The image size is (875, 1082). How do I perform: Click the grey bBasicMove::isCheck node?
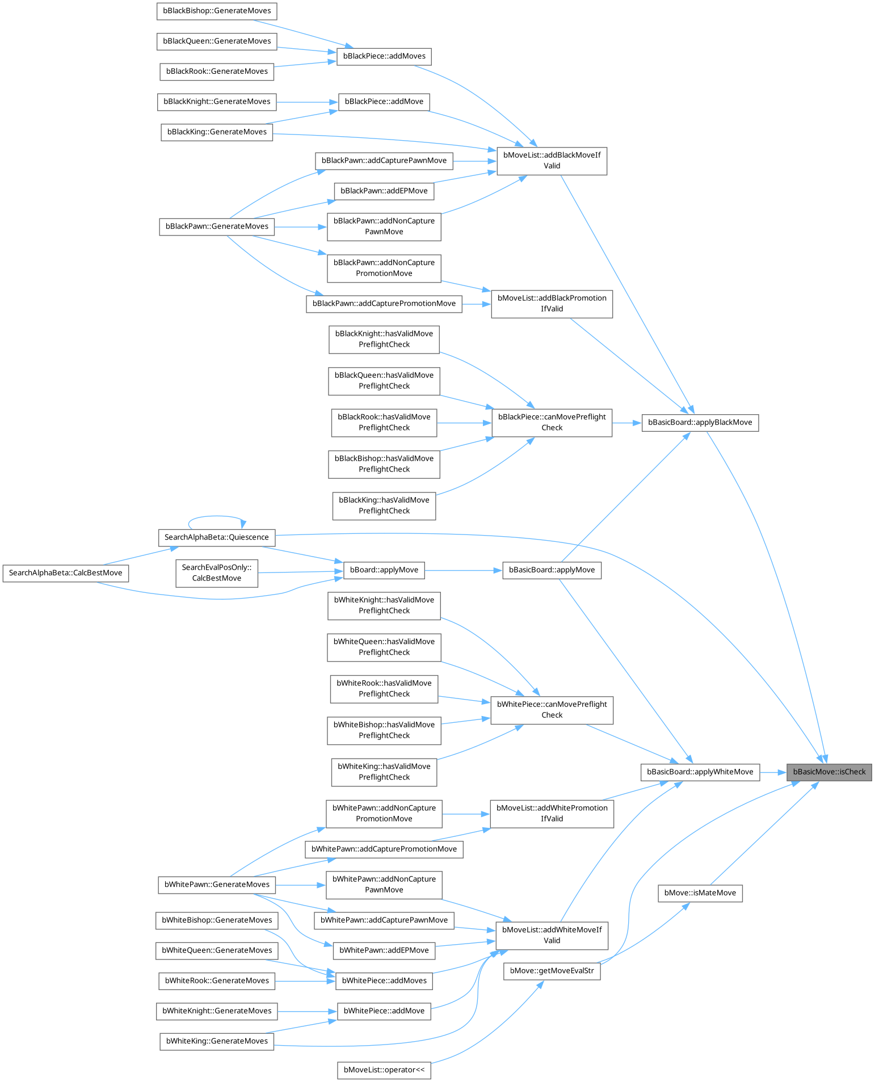(828, 772)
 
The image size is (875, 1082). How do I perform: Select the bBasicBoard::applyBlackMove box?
(700, 423)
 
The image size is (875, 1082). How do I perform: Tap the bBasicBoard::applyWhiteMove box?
(700, 772)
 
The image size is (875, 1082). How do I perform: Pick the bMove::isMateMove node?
(700, 893)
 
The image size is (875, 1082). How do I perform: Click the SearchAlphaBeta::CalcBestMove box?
(66, 573)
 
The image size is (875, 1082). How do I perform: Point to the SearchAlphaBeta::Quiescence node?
(216, 537)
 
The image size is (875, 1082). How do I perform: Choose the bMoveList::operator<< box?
(384, 1070)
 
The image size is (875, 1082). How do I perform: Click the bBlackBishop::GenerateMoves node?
(217, 11)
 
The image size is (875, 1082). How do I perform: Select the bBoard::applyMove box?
(384, 570)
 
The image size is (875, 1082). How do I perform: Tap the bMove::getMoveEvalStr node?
(552, 971)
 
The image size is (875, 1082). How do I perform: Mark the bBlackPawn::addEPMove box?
(384, 191)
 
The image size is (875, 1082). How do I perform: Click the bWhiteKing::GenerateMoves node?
(217, 1041)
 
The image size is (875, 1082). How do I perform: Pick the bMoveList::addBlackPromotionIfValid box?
(552, 304)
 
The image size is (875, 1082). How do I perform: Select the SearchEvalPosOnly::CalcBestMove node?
(216, 573)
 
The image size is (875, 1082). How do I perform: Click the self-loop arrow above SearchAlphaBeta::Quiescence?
(216, 517)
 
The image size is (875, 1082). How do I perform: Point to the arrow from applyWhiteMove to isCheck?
(773, 772)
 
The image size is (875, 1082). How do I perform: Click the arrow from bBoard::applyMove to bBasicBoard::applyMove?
(463, 570)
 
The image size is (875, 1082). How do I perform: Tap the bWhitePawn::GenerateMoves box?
(217, 885)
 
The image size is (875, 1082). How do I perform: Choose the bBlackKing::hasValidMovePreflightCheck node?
(384, 506)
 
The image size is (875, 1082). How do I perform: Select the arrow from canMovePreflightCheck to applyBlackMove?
(626, 423)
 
